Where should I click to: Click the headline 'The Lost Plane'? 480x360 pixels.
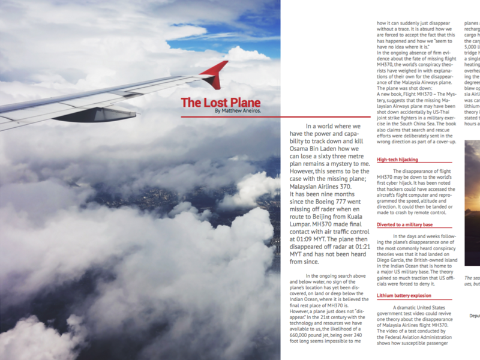(x=220, y=103)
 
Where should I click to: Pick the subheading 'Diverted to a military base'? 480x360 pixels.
(x=405, y=224)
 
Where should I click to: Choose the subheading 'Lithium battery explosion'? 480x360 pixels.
(x=404, y=296)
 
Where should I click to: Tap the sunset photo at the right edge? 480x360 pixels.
(x=472, y=204)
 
